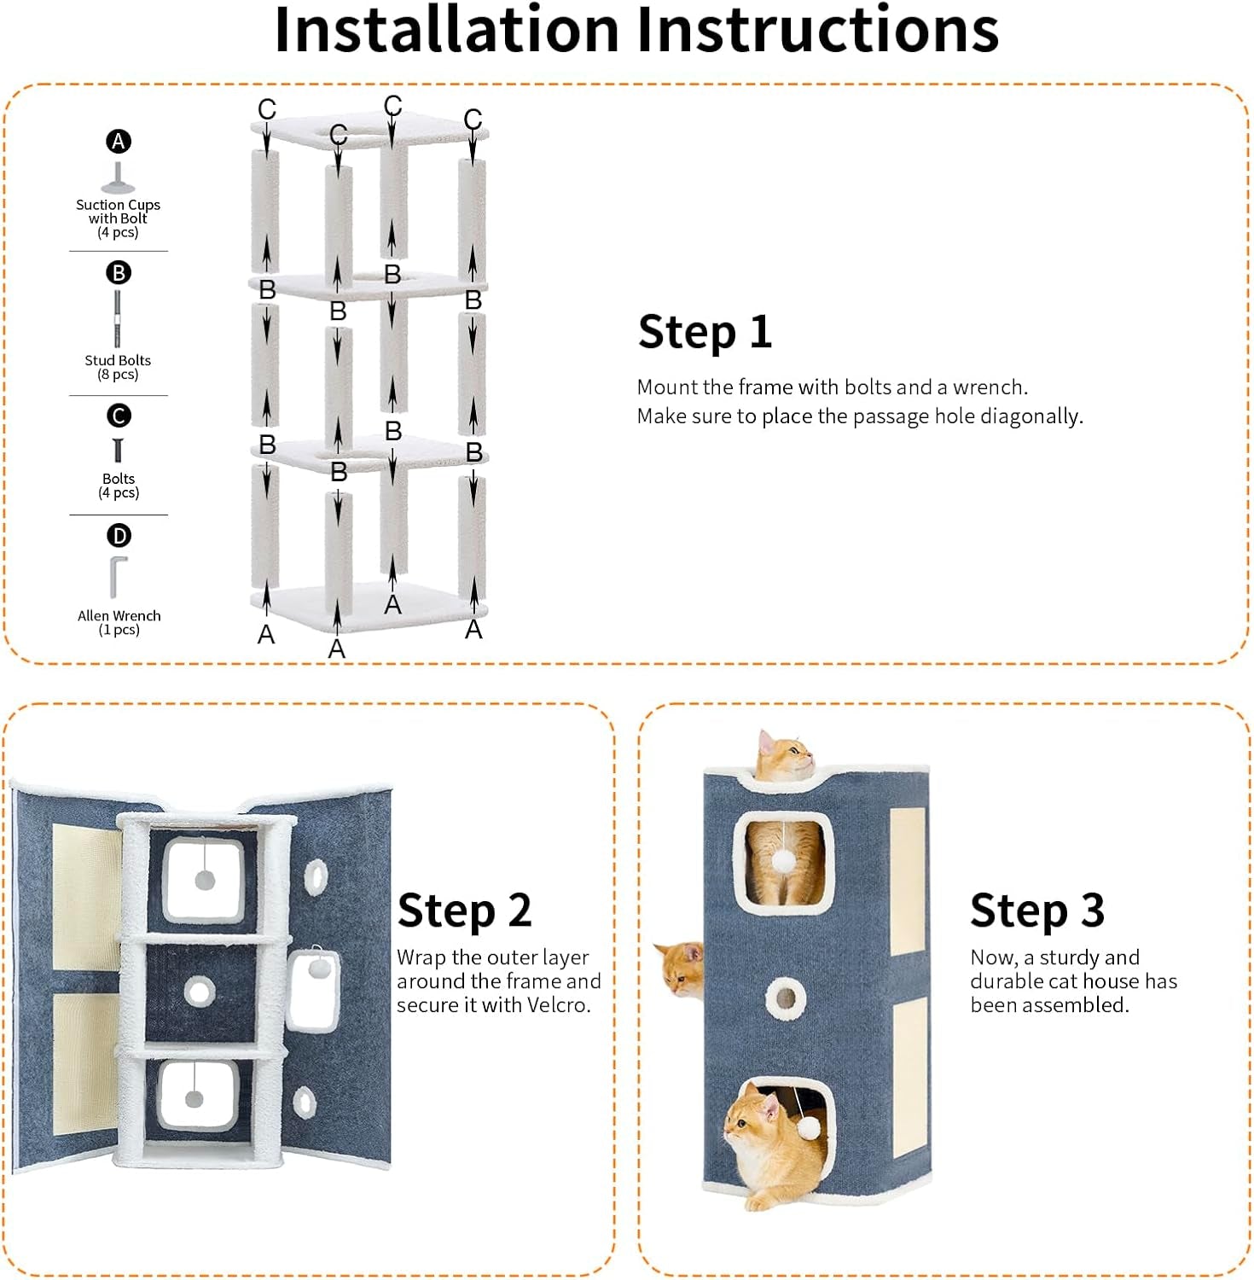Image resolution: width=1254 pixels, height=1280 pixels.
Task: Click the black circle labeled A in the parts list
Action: (119, 142)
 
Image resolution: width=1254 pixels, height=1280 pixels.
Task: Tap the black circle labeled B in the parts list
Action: (119, 273)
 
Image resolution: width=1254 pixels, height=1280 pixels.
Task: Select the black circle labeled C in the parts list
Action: (119, 416)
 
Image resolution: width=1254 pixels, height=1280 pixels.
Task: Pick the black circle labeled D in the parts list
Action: (119, 536)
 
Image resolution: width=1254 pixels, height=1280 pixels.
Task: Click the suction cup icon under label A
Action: (118, 178)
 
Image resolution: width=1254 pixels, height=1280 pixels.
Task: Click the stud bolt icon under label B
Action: (118, 318)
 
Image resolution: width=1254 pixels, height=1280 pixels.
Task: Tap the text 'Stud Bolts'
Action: (118, 360)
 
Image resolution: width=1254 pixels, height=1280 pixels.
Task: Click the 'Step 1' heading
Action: (705, 332)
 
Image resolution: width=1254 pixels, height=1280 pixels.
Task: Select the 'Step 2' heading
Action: (465, 911)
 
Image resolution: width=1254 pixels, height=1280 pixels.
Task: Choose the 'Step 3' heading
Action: (1037, 911)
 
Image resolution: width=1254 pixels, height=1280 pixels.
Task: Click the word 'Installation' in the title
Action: (446, 30)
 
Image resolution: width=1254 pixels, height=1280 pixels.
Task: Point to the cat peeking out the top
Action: (784, 756)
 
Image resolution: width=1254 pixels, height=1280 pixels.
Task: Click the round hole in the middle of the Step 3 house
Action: (785, 998)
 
